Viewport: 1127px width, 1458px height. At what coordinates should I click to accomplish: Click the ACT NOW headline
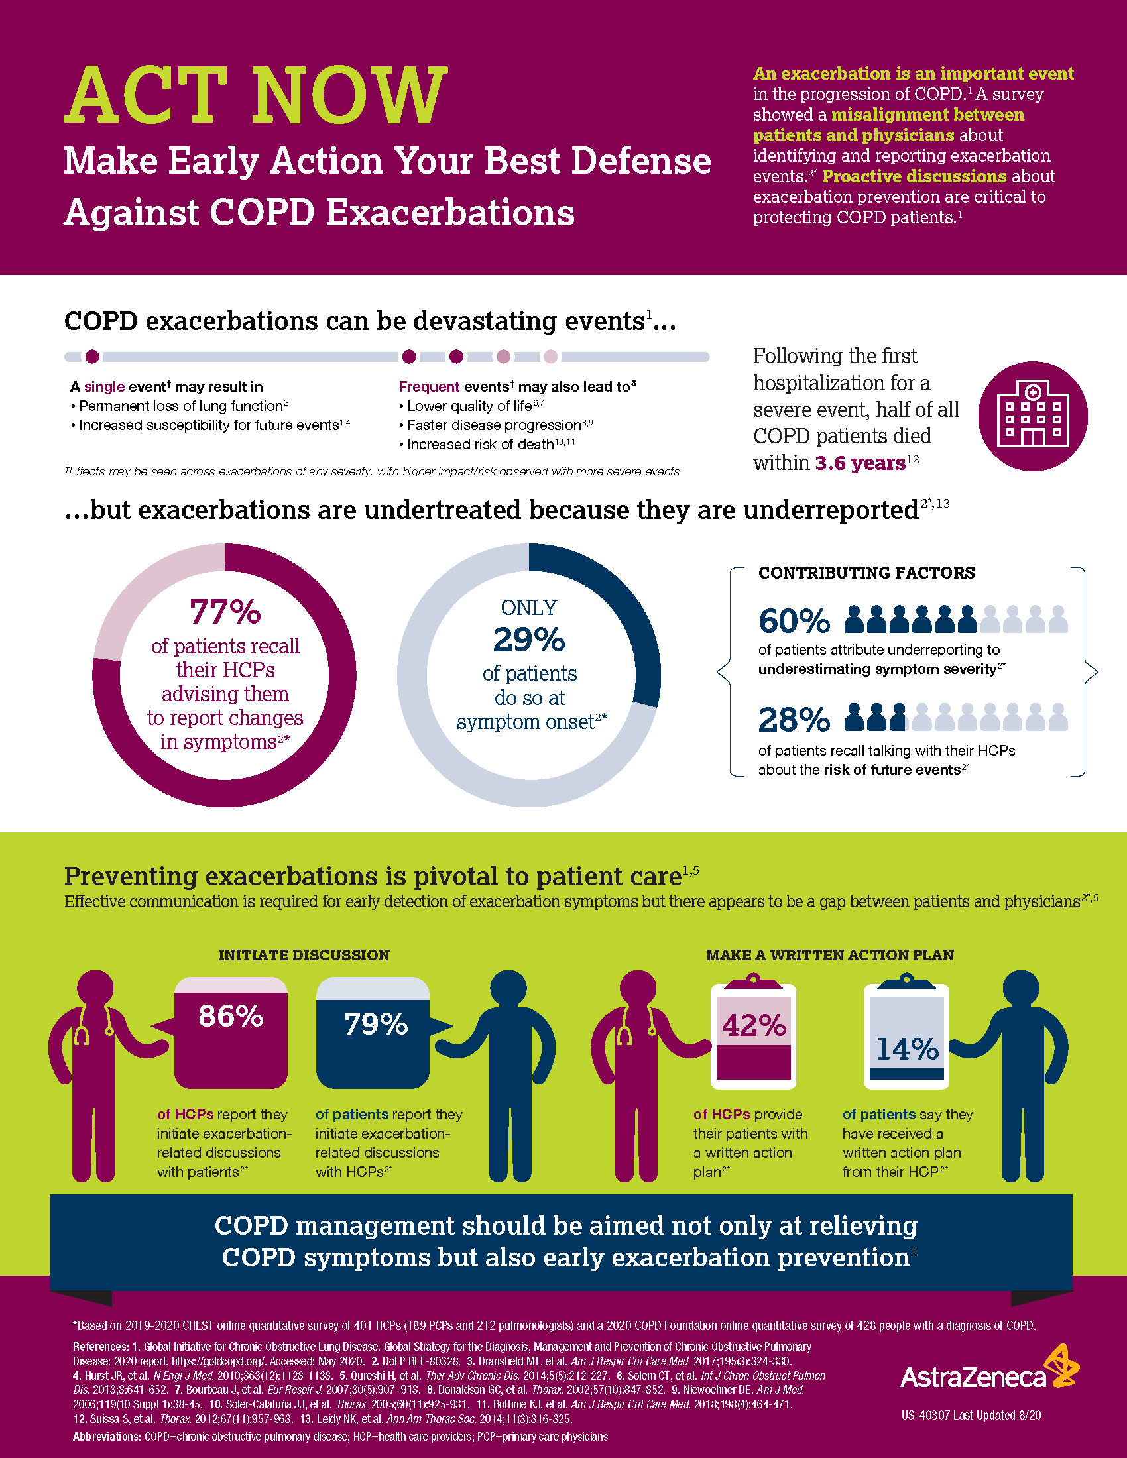click(256, 95)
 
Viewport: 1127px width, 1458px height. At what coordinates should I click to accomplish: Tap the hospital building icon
click(1032, 416)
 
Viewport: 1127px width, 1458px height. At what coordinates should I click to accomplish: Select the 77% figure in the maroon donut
click(225, 612)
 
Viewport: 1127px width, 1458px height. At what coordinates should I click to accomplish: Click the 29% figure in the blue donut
click(529, 640)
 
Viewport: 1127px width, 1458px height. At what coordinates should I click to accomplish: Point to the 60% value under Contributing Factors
click(794, 621)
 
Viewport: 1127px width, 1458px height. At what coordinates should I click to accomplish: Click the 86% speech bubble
click(231, 1031)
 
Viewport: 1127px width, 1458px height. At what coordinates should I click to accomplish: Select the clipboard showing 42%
click(753, 1035)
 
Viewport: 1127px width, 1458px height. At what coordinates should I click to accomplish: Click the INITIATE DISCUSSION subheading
click(304, 954)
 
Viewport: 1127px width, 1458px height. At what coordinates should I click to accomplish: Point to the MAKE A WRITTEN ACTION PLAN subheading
click(829, 954)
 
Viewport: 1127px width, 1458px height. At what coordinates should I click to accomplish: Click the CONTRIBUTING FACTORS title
click(866, 573)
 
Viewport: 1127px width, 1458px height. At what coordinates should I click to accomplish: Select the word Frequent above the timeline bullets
click(429, 386)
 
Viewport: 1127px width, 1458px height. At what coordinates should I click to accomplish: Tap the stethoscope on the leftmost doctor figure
click(82, 1031)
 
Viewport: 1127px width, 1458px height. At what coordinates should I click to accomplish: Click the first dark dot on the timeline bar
click(93, 357)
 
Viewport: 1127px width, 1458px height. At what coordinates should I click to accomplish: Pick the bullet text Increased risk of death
click(479, 445)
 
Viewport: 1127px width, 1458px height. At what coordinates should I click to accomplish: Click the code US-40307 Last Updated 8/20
click(970, 1415)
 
